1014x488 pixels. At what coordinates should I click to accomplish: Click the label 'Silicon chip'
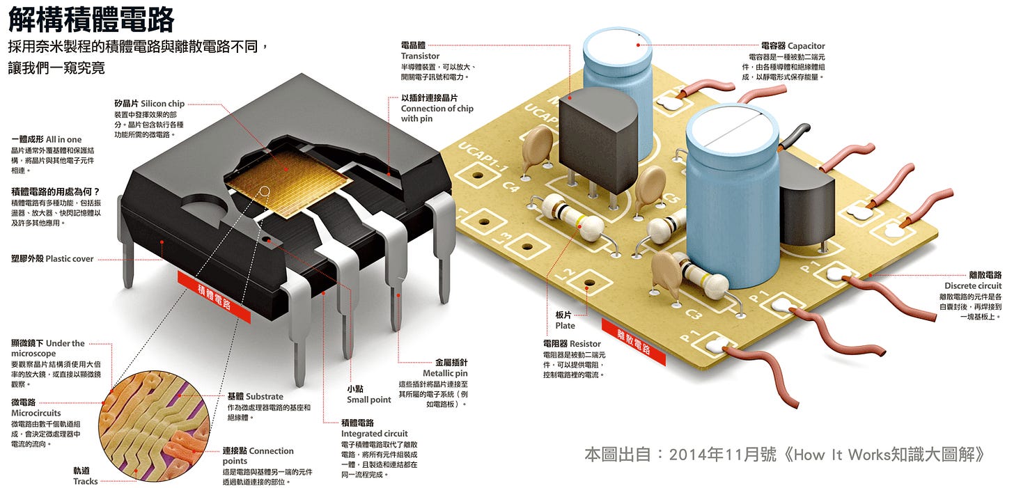(162, 104)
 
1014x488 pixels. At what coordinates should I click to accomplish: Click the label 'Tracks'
(86, 481)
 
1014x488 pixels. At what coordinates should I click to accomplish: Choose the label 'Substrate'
(264, 397)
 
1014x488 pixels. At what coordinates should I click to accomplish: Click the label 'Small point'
(369, 400)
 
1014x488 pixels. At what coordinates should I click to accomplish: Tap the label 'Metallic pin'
(445, 373)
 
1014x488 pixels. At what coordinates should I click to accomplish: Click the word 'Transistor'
(420, 56)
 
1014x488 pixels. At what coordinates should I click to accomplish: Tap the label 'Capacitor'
(806, 46)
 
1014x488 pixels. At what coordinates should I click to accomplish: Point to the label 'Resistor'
(584, 343)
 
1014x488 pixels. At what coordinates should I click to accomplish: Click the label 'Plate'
(565, 325)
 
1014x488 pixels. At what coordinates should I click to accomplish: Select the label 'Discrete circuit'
(973, 286)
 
